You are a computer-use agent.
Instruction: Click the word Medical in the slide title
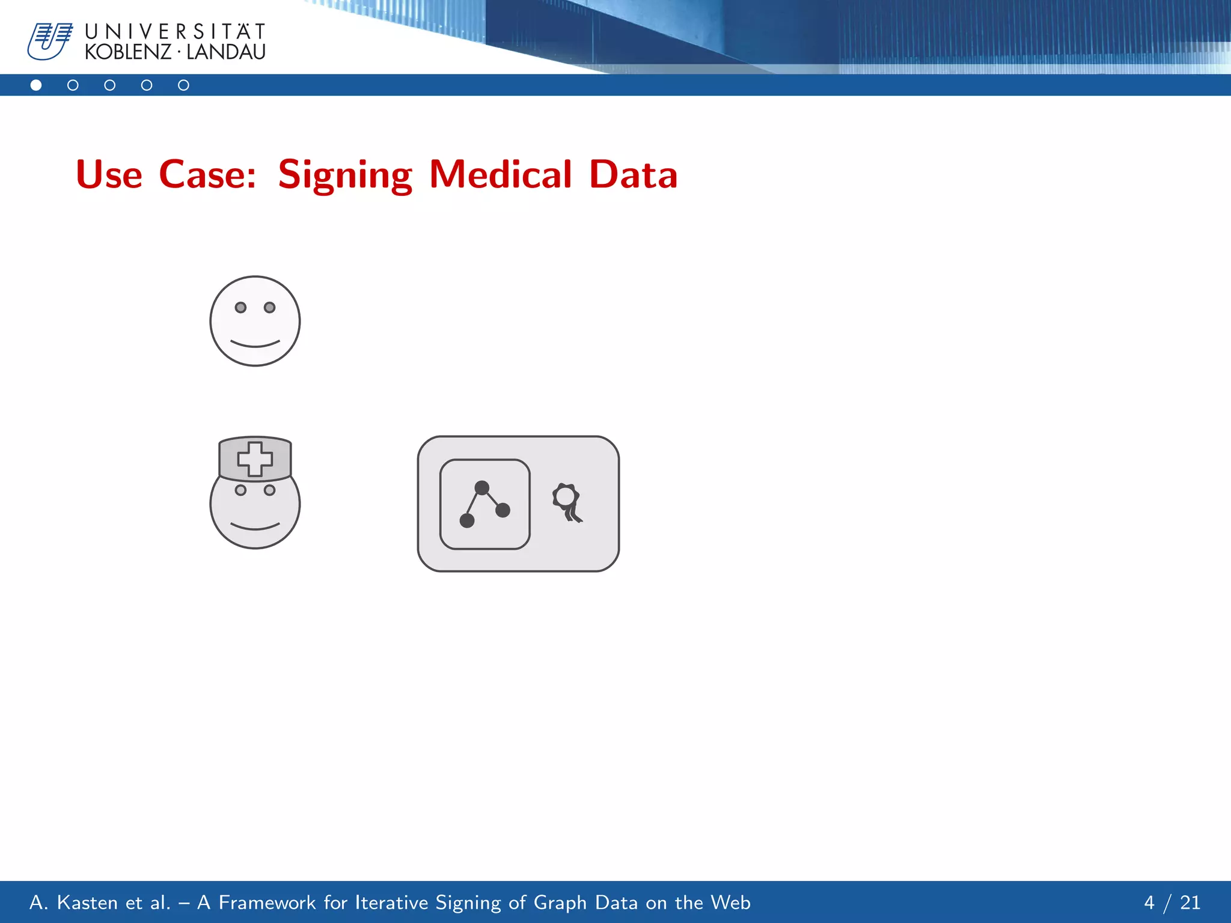tap(500, 175)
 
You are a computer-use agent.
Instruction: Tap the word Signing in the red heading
tap(345, 175)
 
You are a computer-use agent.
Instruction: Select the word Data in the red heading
tap(633, 175)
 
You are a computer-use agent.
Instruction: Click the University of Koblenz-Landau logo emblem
tap(50, 41)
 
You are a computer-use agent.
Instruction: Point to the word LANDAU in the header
tap(226, 52)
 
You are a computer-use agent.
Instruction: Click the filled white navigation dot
tap(36, 85)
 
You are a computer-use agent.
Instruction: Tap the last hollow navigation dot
tap(183, 85)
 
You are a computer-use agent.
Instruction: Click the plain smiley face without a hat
tap(255, 321)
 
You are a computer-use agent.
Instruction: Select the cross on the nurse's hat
tap(255, 459)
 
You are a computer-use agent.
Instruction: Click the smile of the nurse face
tap(255, 527)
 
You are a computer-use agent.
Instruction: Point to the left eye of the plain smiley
tap(240, 308)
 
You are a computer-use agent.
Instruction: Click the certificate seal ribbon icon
tap(567, 502)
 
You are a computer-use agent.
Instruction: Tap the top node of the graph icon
tap(481, 487)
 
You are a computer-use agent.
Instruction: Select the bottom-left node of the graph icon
tap(467, 520)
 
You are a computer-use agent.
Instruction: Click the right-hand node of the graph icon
tap(503, 510)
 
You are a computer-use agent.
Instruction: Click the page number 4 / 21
tap(1171, 903)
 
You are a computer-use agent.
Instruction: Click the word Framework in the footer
tap(267, 903)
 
